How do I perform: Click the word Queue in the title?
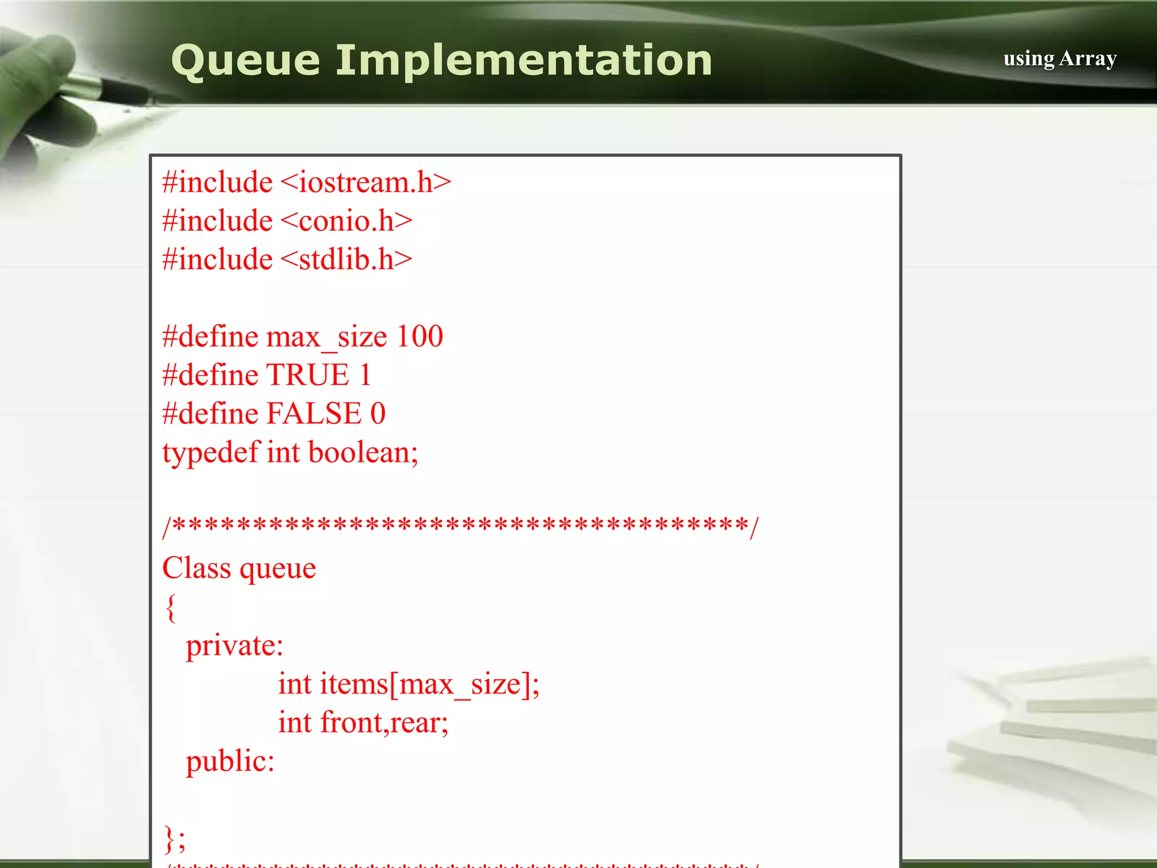(245, 61)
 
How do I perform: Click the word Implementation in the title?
(524, 61)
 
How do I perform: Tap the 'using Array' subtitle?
(1060, 58)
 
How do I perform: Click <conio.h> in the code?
(346, 221)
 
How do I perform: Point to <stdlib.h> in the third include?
(346, 259)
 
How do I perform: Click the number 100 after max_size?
(419, 337)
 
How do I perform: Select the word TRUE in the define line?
(308, 375)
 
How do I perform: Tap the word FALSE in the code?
(314, 414)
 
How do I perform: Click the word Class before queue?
(196, 568)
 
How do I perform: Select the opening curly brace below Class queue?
(171, 607)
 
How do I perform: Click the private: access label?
(234, 646)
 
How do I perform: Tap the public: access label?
(230, 761)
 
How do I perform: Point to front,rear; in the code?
(384, 723)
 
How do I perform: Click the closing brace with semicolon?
(174, 839)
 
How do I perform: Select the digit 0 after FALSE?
(378, 414)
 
